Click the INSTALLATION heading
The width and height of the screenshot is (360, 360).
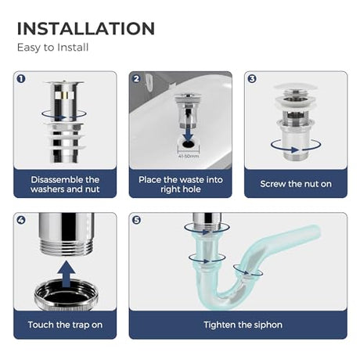click(86, 28)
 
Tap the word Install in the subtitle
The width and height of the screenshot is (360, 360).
click(73, 47)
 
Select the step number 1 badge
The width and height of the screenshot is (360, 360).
click(21, 79)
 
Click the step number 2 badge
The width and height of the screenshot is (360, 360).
click(136, 79)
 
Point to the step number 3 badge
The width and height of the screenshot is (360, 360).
click(252, 79)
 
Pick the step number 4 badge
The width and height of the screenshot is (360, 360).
click(21, 220)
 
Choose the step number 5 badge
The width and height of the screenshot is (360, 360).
click(136, 220)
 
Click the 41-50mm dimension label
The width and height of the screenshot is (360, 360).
click(189, 157)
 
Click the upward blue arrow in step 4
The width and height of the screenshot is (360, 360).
click(66, 274)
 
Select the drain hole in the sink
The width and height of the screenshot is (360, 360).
click(188, 143)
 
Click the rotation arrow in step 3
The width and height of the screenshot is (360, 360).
click(296, 149)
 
